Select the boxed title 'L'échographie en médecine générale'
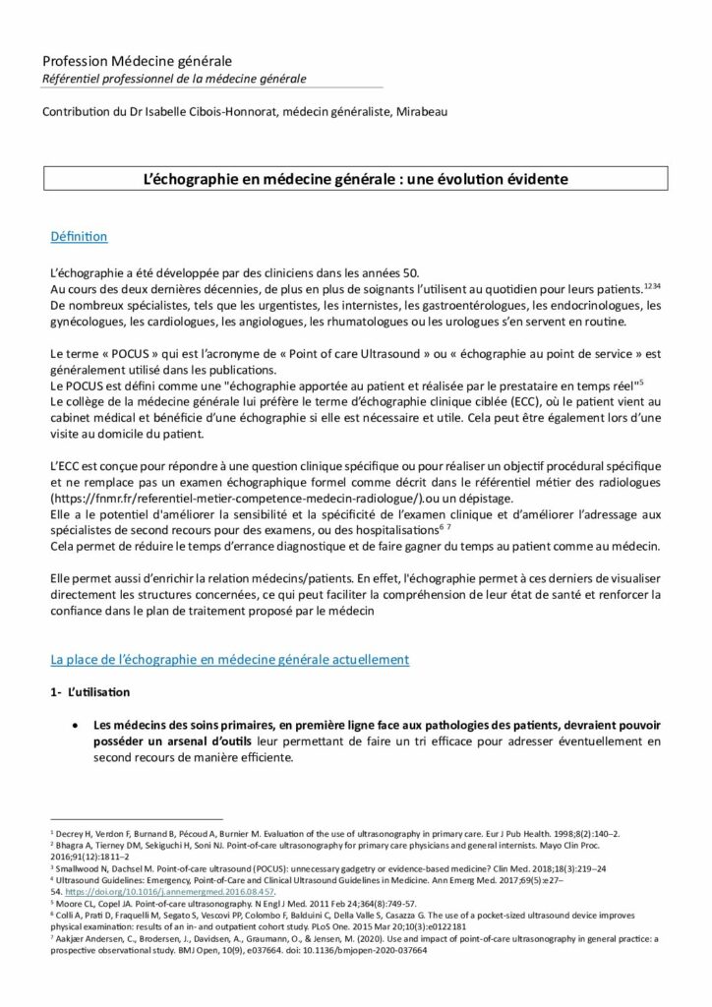(356, 179)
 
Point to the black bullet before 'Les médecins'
(77, 725)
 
